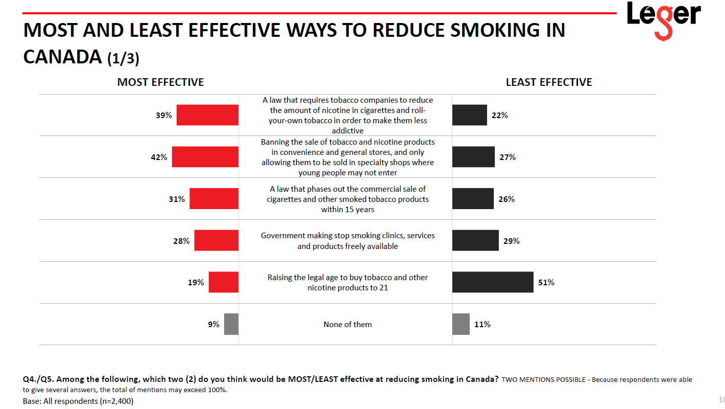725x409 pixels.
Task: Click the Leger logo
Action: point(663,19)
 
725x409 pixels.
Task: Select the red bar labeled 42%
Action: point(205,157)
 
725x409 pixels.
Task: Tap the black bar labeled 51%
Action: point(493,282)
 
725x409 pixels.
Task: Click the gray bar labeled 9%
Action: point(231,324)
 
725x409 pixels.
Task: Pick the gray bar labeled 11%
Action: point(461,324)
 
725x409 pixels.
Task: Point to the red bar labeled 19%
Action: point(224,282)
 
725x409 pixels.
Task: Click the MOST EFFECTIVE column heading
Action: point(160,82)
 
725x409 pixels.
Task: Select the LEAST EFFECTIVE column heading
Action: point(549,82)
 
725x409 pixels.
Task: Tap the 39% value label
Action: point(163,116)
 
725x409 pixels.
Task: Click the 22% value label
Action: point(499,116)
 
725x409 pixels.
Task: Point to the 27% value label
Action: point(507,157)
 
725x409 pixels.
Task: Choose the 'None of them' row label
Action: point(348,324)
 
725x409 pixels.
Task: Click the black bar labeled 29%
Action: point(475,240)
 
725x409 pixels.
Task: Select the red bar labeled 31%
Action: point(214,199)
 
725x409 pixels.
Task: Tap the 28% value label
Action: point(181,241)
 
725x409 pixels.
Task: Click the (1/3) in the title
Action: point(123,58)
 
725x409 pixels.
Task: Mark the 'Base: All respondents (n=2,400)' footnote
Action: point(78,401)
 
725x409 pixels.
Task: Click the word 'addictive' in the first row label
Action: point(348,131)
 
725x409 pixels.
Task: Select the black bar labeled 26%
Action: point(473,199)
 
